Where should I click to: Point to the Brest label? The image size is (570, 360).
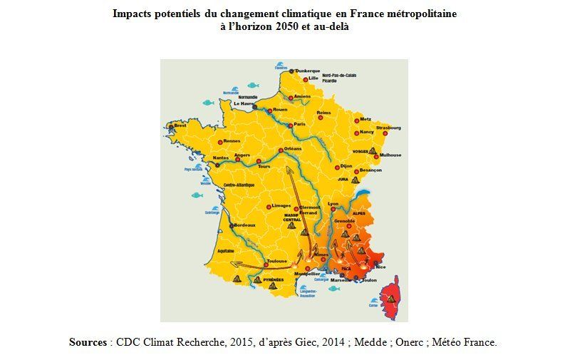click(180, 125)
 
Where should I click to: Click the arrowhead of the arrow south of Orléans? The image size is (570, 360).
click(287, 169)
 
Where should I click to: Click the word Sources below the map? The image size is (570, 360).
click(88, 342)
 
